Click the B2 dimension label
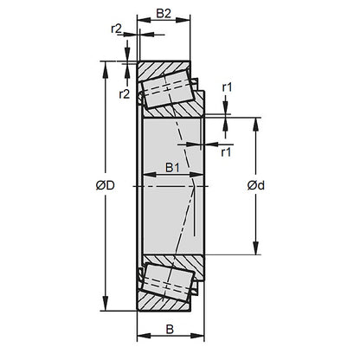coord(164,14)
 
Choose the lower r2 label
coord(122,93)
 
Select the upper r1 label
coord(226,87)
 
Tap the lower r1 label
coord(226,153)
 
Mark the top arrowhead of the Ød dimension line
coord(256,120)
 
